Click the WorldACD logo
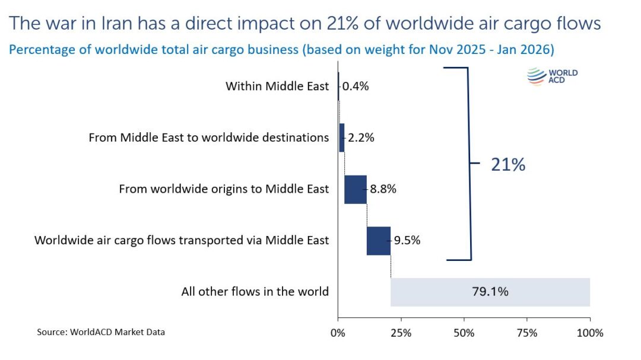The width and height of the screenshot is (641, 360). click(552, 77)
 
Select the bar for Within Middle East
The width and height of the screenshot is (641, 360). click(338, 86)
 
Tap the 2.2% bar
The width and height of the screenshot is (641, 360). click(341, 138)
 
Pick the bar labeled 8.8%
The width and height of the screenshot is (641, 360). click(356, 189)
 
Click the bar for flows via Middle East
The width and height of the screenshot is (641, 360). click(379, 241)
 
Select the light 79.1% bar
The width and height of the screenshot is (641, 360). click(490, 292)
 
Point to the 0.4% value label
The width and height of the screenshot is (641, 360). click(356, 86)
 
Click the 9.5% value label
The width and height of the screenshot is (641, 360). click(407, 241)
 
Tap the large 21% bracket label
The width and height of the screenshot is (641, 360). click(508, 164)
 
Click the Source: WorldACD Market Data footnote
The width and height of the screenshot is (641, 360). click(101, 332)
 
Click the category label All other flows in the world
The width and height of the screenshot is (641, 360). click(255, 292)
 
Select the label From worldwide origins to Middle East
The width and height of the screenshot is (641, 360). click(224, 189)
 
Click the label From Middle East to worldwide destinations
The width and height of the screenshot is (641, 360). click(208, 138)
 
